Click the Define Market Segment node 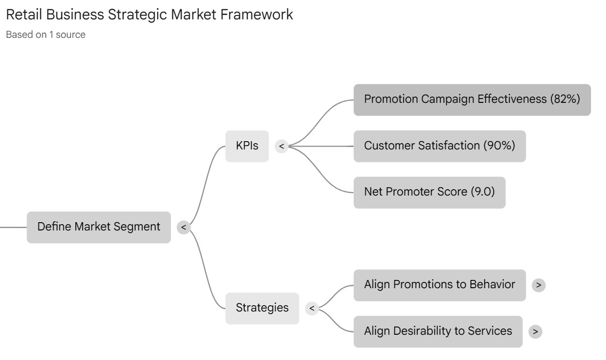coord(98,227)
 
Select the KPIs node coord(247,146)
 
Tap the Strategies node coord(262,308)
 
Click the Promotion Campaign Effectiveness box coord(472,99)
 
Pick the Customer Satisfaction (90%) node coord(439,146)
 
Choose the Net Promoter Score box coord(429,192)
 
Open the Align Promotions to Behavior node coord(439,285)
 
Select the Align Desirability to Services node coord(438,331)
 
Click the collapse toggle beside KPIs coord(281,146)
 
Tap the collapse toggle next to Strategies coord(312,308)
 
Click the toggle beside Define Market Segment coord(183,227)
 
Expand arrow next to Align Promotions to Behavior coord(538,285)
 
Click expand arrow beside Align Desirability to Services coord(535,332)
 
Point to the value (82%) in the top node coord(565,99)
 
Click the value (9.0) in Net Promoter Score coord(482,192)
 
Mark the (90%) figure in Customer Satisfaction coord(499,146)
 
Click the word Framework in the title coord(256,15)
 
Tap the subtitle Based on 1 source coord(46,35)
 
